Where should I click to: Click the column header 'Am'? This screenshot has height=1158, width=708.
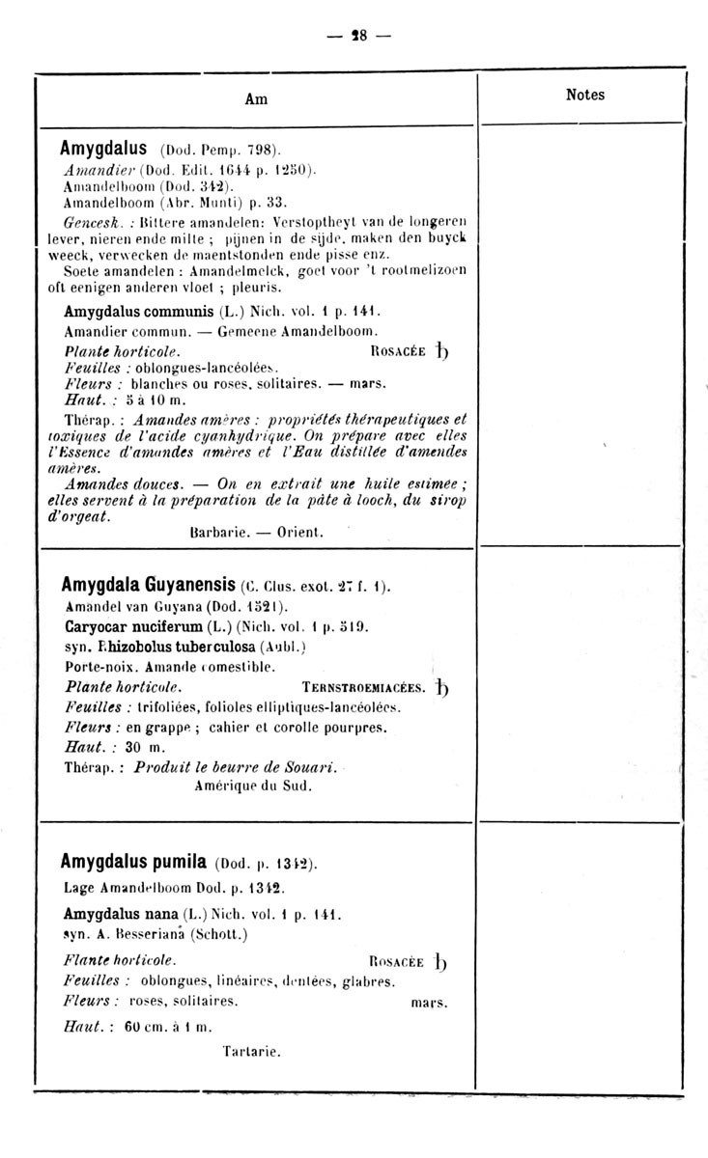(x=256, y=98)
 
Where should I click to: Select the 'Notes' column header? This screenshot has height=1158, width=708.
(x=584, y=95)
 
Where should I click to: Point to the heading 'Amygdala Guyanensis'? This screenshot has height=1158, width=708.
(x=149, y=585)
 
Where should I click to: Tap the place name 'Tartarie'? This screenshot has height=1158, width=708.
(x=251, y=1051)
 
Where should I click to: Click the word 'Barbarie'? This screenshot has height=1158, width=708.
(x=220, y=532)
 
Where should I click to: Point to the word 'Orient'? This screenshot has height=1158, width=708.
(x=299, y=532)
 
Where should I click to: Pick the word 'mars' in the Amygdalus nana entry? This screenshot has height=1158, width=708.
(x=430, y=1002)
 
